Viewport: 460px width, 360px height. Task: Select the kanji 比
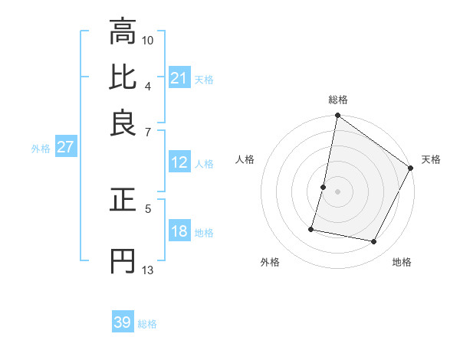pyautogui.click(x=123, y=77)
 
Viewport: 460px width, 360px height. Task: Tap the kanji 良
pyautogui.click(x=123, y=123)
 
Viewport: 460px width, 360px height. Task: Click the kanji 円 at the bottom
pyautogui.click(x=123, y=261)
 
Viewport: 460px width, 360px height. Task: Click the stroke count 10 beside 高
pyautogui.click(x=149, y=40)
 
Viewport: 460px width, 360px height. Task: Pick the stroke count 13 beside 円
pyautogui.click(x=148, y=270)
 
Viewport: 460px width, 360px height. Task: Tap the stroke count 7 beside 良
pyautogui.click(x=149, y=132)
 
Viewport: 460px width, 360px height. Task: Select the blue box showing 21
pyautogui.click(x=179, y=78)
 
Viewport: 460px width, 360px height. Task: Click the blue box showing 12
pyautogui.click(x=179, y=162)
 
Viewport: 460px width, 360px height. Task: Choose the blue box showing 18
pyautogui.click(x=179, y=231)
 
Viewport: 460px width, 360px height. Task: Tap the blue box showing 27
pyautogui.click(x=65, y=147)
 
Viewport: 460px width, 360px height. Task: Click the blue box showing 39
pyautogui.click(x=123, y=322)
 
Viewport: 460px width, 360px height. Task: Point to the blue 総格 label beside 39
pyautogui.click(x=147, y=324)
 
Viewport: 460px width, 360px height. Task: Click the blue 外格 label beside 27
pyautogui.click(x=41, y=149)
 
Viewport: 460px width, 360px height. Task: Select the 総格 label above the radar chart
pyautogui.click(x=338, y=100)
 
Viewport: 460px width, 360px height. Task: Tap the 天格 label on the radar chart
pyautogui.click(x=431, y=159)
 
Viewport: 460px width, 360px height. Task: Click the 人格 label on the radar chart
pyautogui.click(x=245, y=159)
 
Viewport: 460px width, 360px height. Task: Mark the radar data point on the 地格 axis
pyautogui.click(x=374, y=242)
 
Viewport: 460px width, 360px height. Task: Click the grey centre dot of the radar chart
pyautogui.click(x=338, y=191)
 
